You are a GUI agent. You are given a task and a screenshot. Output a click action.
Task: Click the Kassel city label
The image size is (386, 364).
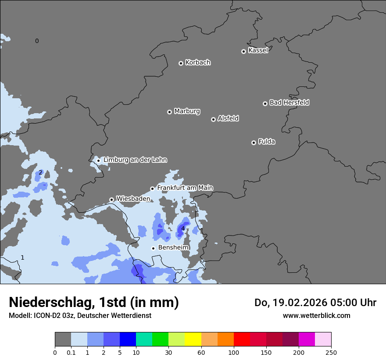pyautogui.click(x=258, y=50)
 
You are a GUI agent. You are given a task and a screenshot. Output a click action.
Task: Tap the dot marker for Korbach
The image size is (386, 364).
pyautogui.click(x=181, y=63)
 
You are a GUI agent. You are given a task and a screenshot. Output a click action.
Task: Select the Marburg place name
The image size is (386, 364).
pyautogui.click(x=187, y=111)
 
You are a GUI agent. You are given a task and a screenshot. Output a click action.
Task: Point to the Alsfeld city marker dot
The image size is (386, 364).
pyautogui.click(x=213, y=119)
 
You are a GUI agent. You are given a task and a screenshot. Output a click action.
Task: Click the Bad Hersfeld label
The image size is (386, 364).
pyautogui.click(x=289, y=103)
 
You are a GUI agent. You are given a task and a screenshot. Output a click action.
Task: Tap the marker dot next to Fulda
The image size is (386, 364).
pyautogui.click(x=254, y=143)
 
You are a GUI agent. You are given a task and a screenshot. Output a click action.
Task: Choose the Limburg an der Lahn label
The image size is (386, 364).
pyautogui.click(x=135, y=160)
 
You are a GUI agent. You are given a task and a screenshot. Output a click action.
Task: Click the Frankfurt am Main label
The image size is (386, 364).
pyautogui.click(x=185, y=188)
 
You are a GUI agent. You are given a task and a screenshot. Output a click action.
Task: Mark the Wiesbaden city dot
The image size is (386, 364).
pyautogui.click(x=111, y=200)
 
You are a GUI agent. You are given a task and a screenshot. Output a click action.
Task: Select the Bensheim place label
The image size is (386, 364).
pyautogui.click(x=173, y=248)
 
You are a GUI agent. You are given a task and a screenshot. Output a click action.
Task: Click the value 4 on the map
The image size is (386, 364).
pyautogui.click(x=183, y=228)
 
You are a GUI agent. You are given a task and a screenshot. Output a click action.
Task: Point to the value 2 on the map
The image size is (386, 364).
pyautogui.click(x=40, y=172)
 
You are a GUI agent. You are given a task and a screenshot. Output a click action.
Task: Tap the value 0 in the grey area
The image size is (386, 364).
pyautogui.click(x=37, y=41)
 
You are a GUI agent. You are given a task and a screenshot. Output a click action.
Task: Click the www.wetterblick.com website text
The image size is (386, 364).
pyautogui.click(x=316, y=315)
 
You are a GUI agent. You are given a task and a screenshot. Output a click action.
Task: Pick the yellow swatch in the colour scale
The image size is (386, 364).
pyautogui.click(x=193, y=339)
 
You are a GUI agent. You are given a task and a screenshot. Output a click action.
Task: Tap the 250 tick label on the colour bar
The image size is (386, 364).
pyautogui.click(x=331, y=352)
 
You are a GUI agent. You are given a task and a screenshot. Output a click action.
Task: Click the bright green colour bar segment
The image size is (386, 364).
pyautogui.click(x=161, y=339)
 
